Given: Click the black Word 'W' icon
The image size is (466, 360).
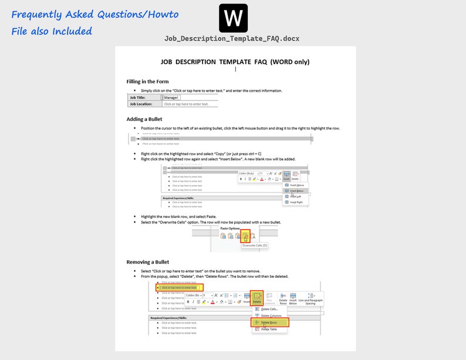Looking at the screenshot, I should tap(233, 18).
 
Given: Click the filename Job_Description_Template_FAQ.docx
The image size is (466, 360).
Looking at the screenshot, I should tap(232, 39).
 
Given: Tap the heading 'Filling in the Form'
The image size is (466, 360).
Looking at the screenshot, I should tap(147, 82).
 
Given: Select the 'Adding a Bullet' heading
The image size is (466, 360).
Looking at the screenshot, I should tap(144, 119).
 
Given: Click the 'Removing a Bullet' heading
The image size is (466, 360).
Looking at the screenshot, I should tap(148, 262).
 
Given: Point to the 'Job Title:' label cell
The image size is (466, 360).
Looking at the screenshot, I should tap(144, 97).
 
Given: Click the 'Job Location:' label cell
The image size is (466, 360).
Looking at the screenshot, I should tap(144, 104).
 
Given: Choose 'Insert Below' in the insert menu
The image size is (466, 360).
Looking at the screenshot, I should tap(296, 191).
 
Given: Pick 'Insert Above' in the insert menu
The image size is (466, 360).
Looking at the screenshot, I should tap(296, 185).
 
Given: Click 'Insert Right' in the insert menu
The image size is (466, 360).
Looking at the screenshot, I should tap(296, 202).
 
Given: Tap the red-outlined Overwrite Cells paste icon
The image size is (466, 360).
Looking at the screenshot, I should tap(245, 236).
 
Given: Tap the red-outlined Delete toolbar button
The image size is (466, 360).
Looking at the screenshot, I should tap(257, 298).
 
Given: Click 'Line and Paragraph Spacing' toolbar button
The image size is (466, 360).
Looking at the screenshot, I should tap(311, 299).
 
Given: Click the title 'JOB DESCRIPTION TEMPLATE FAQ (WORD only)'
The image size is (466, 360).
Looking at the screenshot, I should tap(235, 62).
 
